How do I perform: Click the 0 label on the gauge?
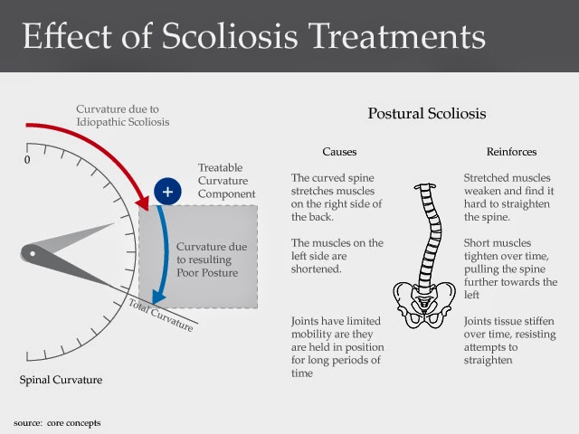point(27,160)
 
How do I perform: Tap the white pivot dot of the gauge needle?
point(33,254)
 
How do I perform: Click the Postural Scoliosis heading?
point(426,114)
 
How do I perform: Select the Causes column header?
point(340,151)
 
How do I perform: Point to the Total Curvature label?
point(160,314)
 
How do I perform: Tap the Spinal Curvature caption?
point(62,380)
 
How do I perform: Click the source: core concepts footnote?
point(58,422)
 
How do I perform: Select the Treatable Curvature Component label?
point(226,181)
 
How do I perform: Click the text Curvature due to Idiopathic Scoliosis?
point(122,116)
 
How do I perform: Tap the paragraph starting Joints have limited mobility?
point(337,348)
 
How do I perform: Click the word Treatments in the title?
point(397,37)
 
